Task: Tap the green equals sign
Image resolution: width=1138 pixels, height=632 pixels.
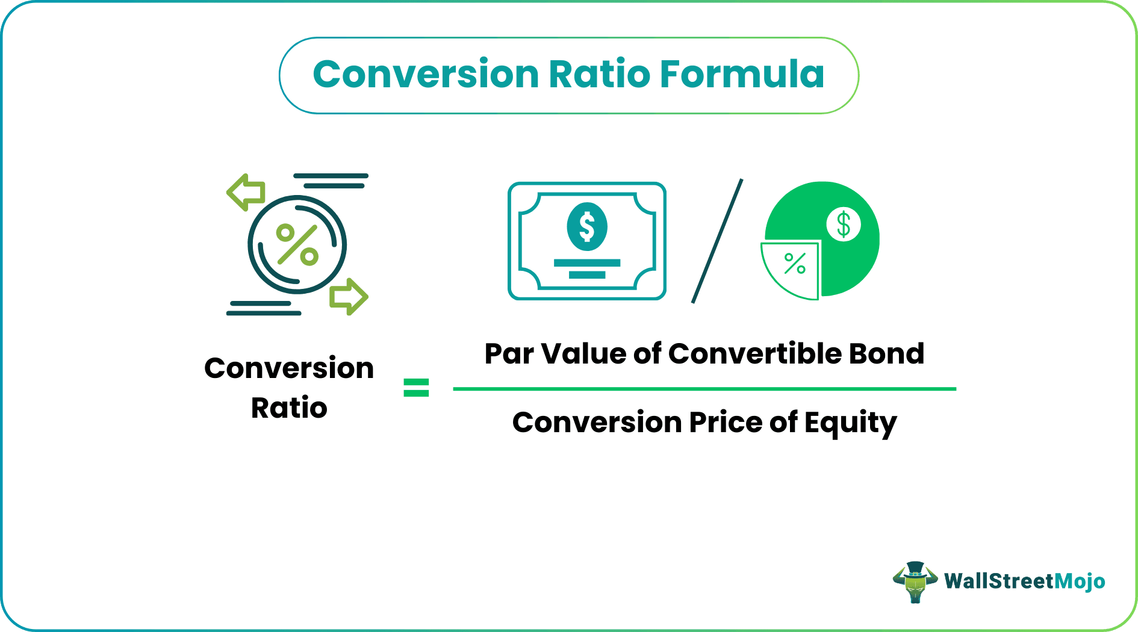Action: [x=416, y=388]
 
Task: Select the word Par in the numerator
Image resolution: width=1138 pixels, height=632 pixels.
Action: [x=509, y=354]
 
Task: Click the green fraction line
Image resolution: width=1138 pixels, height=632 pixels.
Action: [x=704, y=389]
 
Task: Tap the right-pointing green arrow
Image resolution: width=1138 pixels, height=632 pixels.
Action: [x=349, y=296]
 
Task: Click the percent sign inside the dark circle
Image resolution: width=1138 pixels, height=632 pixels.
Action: [x=297, y=245]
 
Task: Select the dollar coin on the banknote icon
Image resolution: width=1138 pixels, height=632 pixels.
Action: [x=587, y=227]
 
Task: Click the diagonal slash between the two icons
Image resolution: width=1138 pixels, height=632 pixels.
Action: [x=717, y=241]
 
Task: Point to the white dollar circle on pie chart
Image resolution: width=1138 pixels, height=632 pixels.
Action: [x=844, y=224]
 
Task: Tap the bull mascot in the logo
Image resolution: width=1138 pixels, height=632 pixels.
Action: [x=915, y=581]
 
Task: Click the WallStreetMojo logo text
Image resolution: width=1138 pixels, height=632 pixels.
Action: [x=1024, y=581]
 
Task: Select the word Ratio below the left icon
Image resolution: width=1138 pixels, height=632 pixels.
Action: [x=289, y=408]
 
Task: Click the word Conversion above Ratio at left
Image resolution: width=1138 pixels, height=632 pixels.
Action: [x=289, y=368]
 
